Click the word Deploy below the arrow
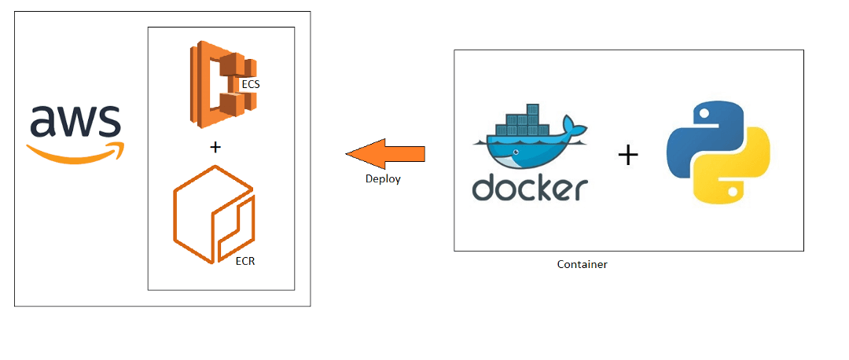pos(383,179)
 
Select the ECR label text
pos(244,260)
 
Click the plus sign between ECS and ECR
pos(216,147)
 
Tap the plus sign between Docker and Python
pos(627,155)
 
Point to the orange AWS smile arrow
pos(75,152)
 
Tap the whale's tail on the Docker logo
pos(576,130)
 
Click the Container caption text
pos(582,265)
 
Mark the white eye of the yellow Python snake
pos(733,191)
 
